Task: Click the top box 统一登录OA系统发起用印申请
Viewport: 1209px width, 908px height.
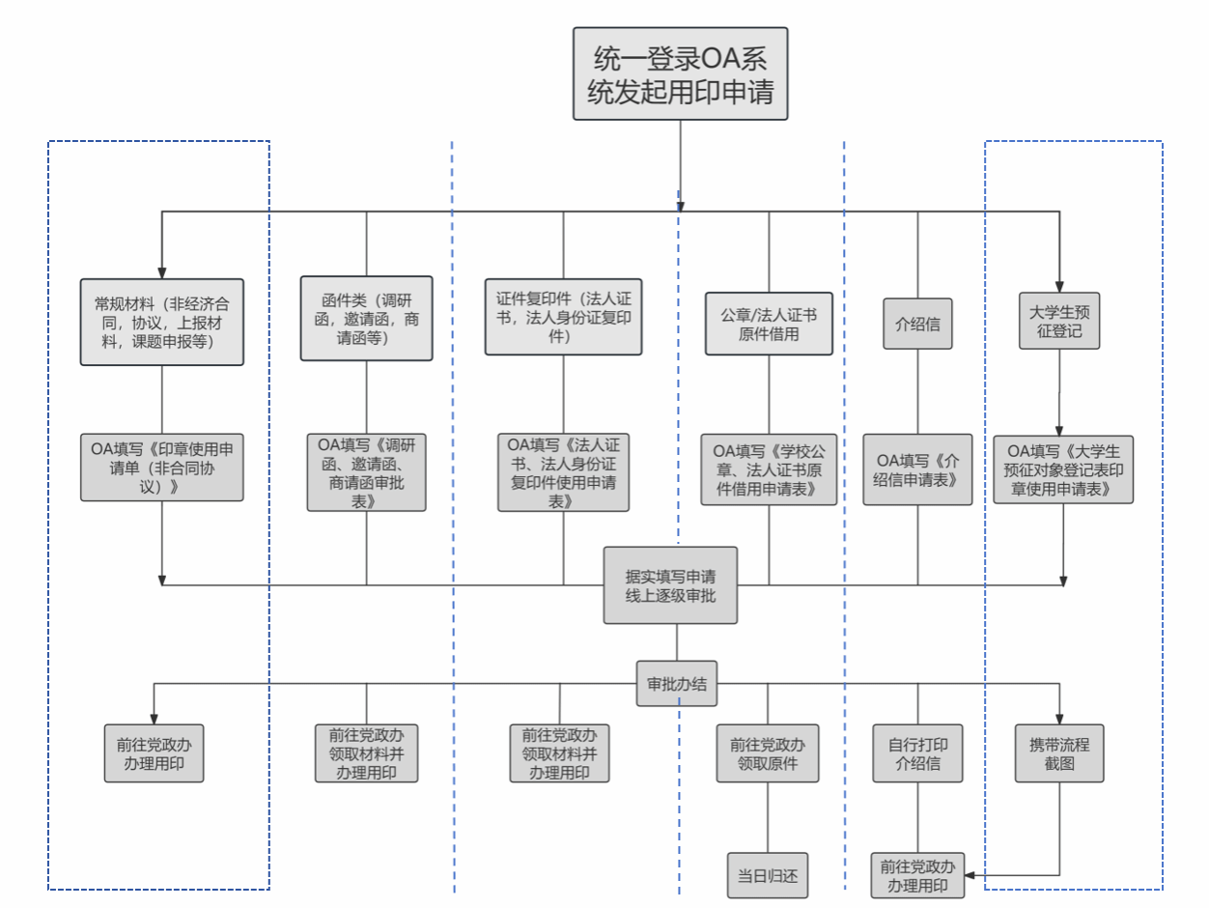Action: [680, 73]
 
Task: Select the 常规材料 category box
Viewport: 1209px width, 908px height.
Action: [162, 322]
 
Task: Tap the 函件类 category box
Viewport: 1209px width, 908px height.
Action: [366, 319]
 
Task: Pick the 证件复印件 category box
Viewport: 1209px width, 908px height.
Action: [563, 317]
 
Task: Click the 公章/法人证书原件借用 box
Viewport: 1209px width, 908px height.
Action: [769, 324]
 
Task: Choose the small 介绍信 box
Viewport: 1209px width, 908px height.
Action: [917, 324]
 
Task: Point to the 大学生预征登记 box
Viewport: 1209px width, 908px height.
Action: [1059, 321]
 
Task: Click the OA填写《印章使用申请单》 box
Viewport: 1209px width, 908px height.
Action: [162, 468]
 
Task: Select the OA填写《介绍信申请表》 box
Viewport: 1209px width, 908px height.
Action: [917, 469]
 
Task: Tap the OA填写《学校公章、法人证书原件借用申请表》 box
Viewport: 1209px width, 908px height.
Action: [769, 469]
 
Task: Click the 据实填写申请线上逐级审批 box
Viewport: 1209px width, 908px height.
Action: [670, 585]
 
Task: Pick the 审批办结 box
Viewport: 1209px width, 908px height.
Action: [677, 684]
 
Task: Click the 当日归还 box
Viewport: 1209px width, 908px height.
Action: [768, 875]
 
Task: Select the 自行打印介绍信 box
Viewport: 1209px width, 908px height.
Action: [917, 753]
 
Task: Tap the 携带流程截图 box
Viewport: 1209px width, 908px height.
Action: [1059, 753]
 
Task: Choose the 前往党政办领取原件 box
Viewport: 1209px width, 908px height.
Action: [768, 753]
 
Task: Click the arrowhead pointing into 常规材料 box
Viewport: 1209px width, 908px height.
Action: [162, 273]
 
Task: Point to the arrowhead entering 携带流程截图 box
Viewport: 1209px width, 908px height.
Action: [1059, 719]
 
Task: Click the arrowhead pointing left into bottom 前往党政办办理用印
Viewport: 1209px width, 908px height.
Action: [970, 875]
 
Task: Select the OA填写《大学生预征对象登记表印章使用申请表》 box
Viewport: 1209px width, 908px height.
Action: [1063, 469]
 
